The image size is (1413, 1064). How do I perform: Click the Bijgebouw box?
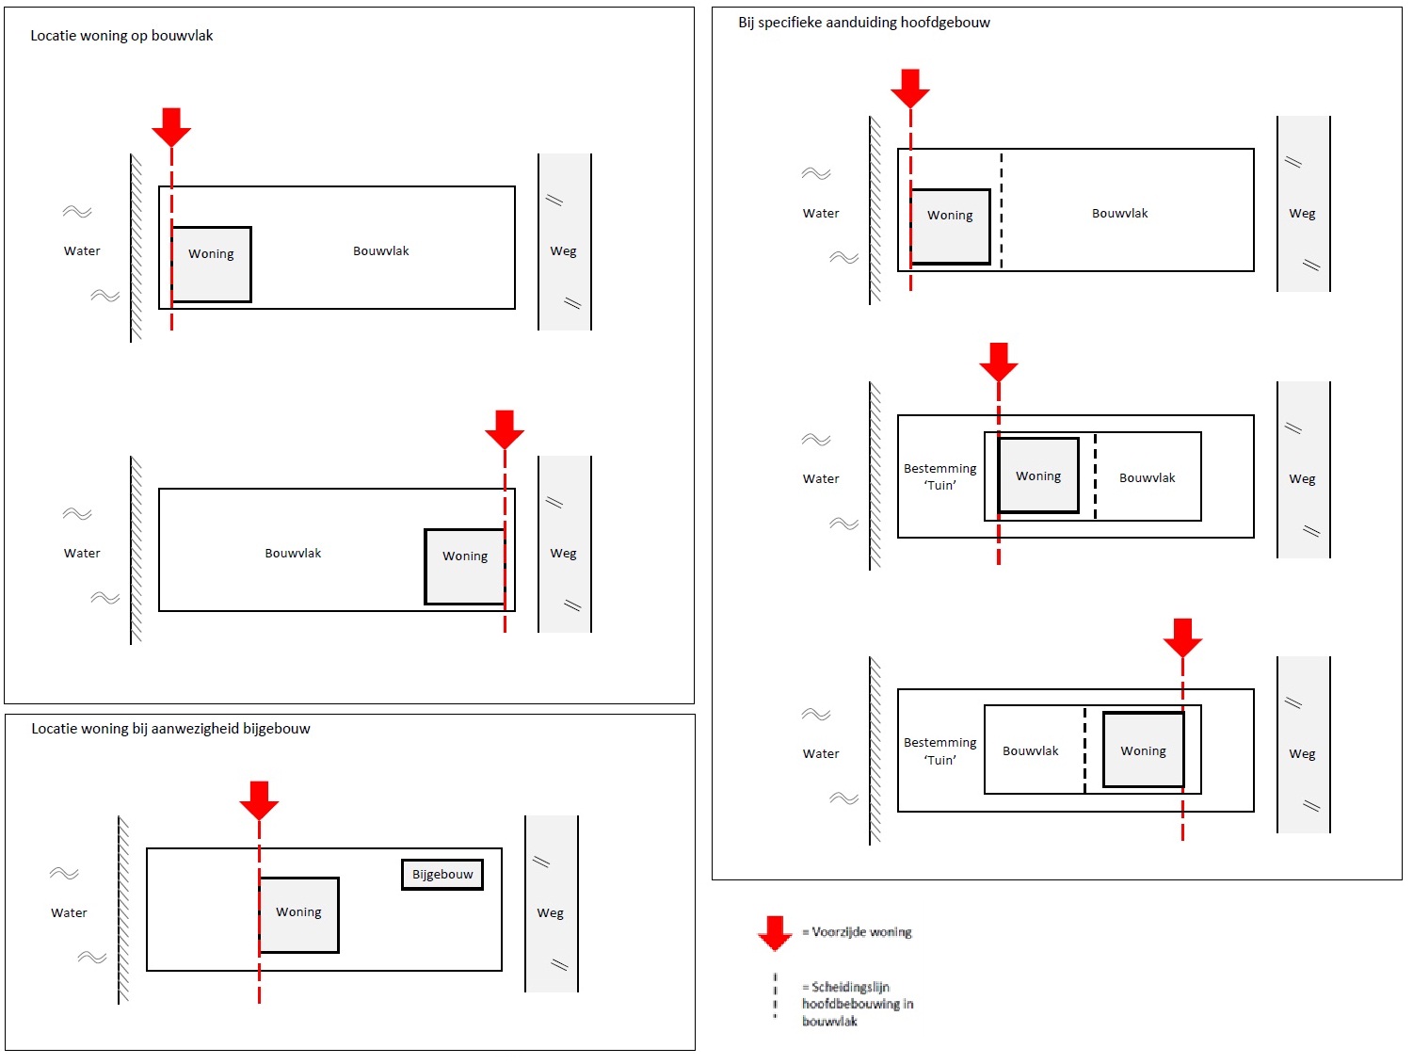(x=442, y=875)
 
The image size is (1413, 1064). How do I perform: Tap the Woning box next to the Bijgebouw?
(x=298, y=914)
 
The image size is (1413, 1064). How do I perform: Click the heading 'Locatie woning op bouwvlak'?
(x=121, y=36)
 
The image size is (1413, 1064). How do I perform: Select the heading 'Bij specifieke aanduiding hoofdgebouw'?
(x=863, y=23)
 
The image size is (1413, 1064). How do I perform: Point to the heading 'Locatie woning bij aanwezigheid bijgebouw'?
(x=170, y=729)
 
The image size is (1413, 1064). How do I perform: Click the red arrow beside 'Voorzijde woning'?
(x=775, y=931)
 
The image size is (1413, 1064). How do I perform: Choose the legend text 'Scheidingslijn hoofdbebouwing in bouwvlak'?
(x=857, y=1004)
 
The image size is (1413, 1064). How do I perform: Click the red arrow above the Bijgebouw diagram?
(x=259, y=799)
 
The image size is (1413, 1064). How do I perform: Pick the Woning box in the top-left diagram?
(x=211, y=265)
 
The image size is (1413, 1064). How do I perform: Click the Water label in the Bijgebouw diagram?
(x=69, y=912)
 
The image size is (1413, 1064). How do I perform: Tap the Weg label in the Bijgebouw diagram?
(x=551, y=912)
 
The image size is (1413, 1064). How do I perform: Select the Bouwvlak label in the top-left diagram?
(x=381, y=251)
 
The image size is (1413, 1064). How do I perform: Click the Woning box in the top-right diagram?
(x=950, y=226)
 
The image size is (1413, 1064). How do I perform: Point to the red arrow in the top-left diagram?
(x=171, y=126)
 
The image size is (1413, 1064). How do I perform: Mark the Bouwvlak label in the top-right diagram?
(x=1119, y=214)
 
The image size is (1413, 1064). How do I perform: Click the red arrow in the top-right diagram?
(x=910, y=88)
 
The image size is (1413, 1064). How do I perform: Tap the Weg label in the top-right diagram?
(x=1302, y=214)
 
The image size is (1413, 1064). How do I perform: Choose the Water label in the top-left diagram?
(x=82, y=251)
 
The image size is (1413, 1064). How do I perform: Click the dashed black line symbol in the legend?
(x=775, y=996)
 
